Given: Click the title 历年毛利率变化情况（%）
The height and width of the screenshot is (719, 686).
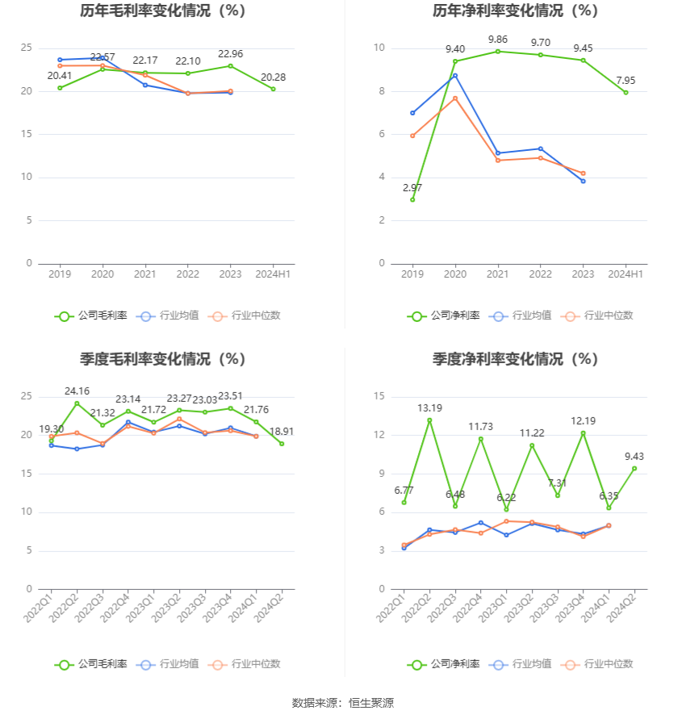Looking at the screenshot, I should [162, 11].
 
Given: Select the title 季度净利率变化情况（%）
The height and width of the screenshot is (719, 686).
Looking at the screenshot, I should [514, 359].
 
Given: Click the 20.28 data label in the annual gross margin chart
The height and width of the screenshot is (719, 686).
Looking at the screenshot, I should [273, 77].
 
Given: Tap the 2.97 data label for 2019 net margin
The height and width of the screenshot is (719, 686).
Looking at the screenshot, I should [412, 188].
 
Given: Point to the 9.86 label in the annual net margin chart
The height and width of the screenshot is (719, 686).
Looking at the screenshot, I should [498, 40].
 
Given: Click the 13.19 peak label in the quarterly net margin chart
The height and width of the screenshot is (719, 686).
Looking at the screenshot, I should [429, 408].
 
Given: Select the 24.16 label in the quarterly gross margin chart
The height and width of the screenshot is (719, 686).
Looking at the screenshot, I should [77, 391].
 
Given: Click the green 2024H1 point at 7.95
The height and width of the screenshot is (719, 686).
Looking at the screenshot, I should [625, 92].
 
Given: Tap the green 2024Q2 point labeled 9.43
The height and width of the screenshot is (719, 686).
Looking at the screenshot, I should [634, 468].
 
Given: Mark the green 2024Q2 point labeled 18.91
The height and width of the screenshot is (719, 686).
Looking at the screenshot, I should [282, 443].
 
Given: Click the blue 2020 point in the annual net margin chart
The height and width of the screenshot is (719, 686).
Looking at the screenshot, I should [455, 75].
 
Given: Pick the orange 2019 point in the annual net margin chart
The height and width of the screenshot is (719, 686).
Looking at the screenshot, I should [412, 136].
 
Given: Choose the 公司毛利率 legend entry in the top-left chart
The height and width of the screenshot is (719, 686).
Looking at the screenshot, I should [90, 316].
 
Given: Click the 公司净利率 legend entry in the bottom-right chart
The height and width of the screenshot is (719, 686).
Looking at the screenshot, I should [443, 664].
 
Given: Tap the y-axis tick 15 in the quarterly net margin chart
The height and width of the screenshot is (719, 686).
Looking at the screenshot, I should [379, 396].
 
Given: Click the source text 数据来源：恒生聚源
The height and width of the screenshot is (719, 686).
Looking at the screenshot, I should [342, 703].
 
